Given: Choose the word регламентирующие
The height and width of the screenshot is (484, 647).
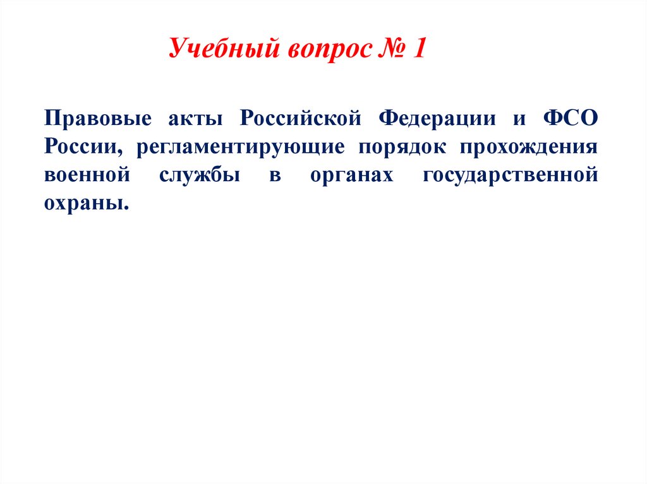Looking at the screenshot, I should tap(239, 146).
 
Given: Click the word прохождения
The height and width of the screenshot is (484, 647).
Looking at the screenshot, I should tap(528, 146).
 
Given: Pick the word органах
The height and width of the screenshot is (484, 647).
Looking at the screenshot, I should tap(351, 175).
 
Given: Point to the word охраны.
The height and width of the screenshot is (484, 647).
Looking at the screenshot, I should tap(82, 203).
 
